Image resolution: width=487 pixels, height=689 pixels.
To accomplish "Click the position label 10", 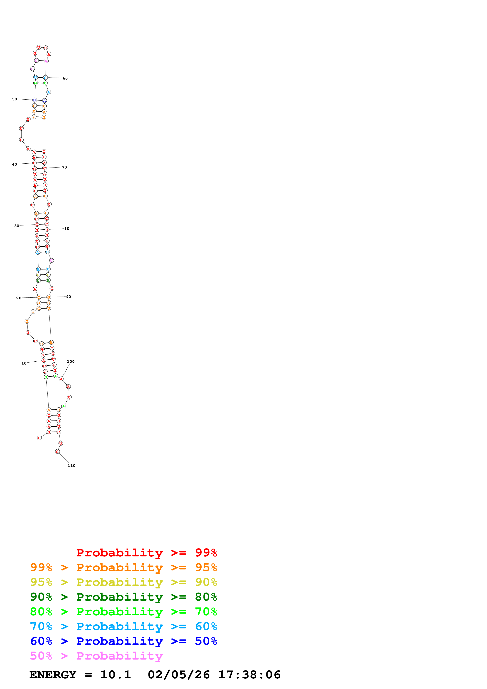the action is [x=24, y=363].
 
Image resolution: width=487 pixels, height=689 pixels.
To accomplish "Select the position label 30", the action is [x=17, y=226].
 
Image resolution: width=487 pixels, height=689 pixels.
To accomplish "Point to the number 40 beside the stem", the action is [x=14, y=164].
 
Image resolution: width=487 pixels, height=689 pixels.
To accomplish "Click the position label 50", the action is [x=14, y=99].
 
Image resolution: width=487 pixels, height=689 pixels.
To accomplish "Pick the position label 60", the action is [x=65, y=78].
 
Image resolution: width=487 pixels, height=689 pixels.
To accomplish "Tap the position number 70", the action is [x=64, y=167].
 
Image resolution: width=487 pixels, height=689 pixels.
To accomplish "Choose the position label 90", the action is [x=69, y=297].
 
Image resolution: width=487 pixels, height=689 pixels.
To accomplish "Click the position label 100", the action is [x=71, y=361].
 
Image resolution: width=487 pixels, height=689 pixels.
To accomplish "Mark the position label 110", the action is [x=72, y=465].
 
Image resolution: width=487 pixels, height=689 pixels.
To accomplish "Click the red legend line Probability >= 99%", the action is [x=146, y=552].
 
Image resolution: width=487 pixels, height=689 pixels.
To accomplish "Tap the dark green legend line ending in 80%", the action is [x=123, y=597].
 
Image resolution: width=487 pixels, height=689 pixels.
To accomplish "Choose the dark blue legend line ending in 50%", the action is [x=123, y=641].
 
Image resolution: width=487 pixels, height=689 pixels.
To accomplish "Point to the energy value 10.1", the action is [x=116, y=675].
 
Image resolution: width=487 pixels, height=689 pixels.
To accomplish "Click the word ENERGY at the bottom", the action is [x=53, y=675].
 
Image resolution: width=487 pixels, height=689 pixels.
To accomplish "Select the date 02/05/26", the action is [x=179, y=675].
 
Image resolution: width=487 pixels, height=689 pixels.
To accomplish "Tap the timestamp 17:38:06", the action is [x=249, y=675].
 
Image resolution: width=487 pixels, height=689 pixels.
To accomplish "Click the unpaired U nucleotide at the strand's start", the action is [x=39, y=438].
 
